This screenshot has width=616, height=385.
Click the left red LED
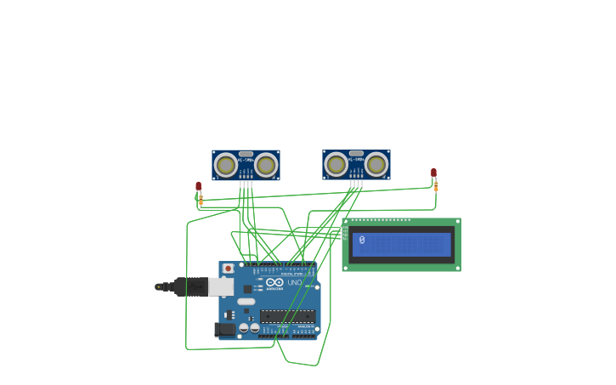point(199,186)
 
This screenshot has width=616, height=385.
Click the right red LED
point(433,173)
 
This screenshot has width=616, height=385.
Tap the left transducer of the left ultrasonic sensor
point(226,165)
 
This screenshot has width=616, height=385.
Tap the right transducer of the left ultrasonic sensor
point(266,165)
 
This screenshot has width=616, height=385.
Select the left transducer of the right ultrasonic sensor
point(336,164)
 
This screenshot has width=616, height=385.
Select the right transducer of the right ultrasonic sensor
point(376,164)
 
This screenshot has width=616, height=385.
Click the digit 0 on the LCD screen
point(362,241)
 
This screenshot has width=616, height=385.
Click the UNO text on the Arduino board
point(294,282)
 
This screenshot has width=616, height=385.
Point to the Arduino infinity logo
point(274,282)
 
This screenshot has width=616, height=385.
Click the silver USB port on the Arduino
point(221,287)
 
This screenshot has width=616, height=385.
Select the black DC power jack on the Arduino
point(225,329)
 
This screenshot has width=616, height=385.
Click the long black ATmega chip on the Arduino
point(287,316)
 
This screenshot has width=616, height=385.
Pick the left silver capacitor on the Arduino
point(244,327)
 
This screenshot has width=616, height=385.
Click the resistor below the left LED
point(201,200)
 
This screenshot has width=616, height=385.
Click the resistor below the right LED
point(436,186)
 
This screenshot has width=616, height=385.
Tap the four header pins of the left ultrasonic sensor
point(246,183)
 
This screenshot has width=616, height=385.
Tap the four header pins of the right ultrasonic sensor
point(356,182)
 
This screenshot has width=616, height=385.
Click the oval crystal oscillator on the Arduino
point(246,302)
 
